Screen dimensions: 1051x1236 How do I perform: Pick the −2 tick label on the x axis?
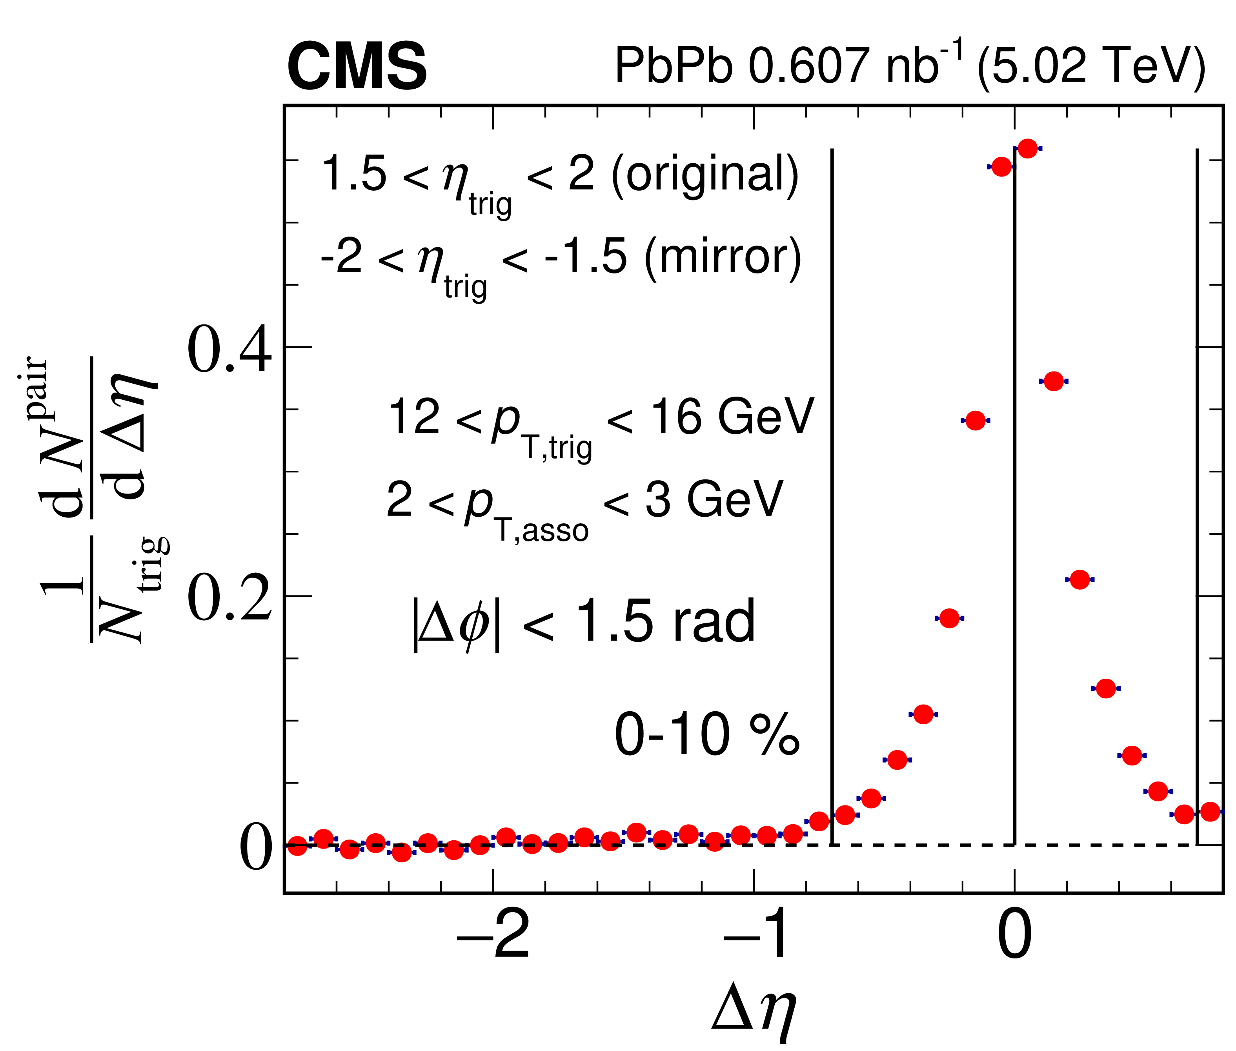point(493,935)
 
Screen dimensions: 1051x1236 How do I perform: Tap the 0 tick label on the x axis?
point(1014,935)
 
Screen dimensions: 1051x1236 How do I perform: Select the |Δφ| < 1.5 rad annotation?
point(583,622)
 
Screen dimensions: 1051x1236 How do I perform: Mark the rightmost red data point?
point(1210,811)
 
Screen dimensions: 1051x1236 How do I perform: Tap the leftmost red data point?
point(297,846)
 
